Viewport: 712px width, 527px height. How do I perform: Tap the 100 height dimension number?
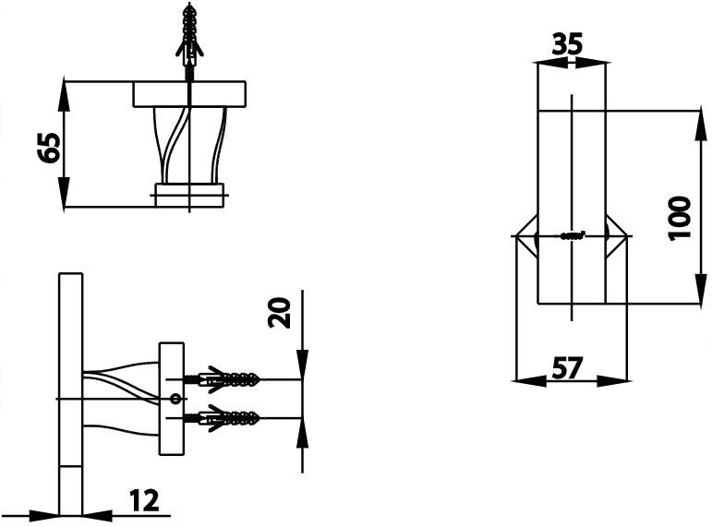(681, 218)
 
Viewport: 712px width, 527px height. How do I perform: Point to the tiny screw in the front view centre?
(573, 236)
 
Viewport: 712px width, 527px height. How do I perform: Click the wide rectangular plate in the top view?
(190, 94)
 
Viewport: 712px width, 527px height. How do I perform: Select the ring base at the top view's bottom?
(189, 194)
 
